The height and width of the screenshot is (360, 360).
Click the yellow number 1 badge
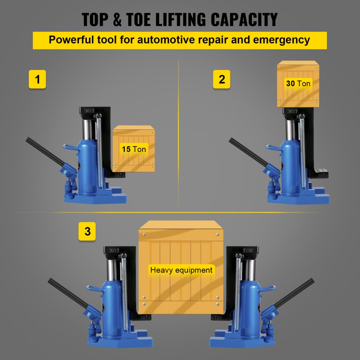37,79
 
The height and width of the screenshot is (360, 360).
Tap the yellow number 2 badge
222,79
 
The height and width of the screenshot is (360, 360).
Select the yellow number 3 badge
87,231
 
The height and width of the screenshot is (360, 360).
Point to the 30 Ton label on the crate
298,84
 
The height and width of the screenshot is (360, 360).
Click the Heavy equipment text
181,270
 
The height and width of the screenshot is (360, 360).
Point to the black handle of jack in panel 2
248,151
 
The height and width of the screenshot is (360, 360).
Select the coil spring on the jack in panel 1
98,151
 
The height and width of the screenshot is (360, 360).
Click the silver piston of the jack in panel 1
86,130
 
